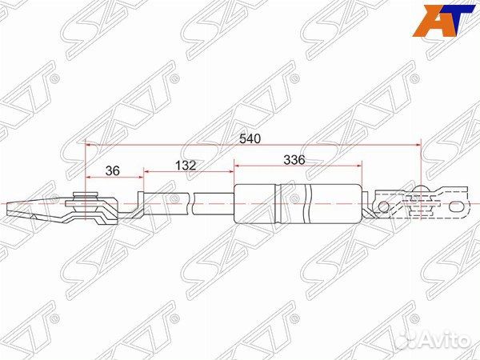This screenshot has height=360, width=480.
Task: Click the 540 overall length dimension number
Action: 250,138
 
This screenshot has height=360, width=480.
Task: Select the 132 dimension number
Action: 186,165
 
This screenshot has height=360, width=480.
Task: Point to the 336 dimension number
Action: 294,159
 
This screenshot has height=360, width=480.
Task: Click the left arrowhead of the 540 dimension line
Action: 88,144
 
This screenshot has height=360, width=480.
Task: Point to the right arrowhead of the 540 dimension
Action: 418,144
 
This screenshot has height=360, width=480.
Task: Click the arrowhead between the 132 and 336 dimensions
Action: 233,171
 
